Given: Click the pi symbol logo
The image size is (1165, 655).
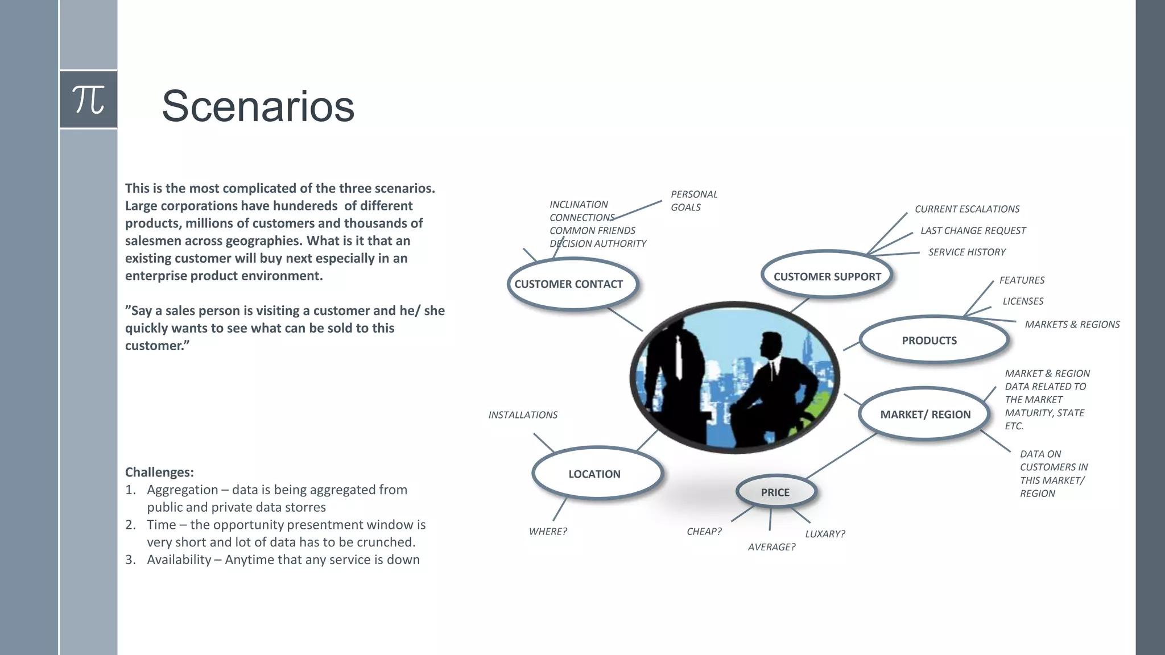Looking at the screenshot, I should (89, 100).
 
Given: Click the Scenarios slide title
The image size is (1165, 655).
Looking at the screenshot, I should (258, 106).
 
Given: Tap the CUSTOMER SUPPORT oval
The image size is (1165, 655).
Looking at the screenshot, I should (827, 276).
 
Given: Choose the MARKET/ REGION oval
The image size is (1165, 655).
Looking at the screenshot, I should (925, 414).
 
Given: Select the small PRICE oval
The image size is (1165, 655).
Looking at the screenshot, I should (775, 492).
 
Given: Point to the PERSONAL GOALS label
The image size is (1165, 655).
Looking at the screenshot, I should (693, 201).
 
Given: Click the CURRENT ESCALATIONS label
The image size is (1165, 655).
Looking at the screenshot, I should (966, 209).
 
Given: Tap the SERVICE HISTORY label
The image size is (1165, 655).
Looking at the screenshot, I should (966, 252).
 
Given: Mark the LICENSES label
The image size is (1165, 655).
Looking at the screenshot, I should (1022, 301).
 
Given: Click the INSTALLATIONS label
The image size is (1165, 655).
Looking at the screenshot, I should (523, 415).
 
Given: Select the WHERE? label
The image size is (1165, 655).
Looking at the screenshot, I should (548, 532).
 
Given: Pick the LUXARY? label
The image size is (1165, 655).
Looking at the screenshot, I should (825, 534).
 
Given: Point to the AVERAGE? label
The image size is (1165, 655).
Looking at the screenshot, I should (771, 547).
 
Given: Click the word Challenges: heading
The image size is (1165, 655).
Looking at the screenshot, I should (159, 472).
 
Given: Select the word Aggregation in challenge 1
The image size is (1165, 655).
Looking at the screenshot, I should (182, 490).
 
